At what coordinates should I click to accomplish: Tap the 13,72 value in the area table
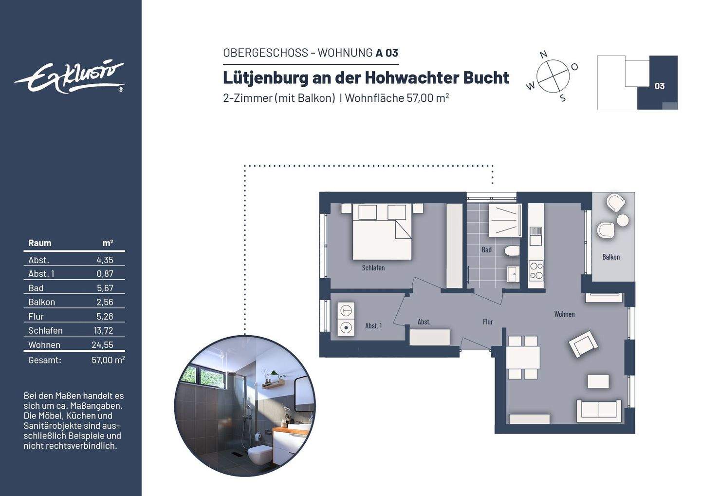coord(103,330)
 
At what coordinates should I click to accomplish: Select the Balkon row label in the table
coord(41,302)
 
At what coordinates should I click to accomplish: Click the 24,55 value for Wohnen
coord(102,345)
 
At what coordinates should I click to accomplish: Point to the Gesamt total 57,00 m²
coord(108,360)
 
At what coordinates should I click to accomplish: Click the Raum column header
coord(39,243)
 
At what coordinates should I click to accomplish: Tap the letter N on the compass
coord(544,54)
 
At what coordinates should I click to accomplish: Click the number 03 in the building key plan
coord(659,86)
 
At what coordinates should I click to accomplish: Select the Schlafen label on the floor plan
coord(373,267)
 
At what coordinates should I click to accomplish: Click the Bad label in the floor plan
coord(486,249)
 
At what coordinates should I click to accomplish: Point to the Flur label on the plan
coord(488,322)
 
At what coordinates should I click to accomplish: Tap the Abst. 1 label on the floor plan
coord(373,325)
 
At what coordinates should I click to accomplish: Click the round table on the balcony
coord(622,221)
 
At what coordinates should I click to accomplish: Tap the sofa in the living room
coord(598,410)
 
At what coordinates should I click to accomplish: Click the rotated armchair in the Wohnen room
coord(583,344)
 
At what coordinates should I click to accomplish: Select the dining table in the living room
coord(523,357)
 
